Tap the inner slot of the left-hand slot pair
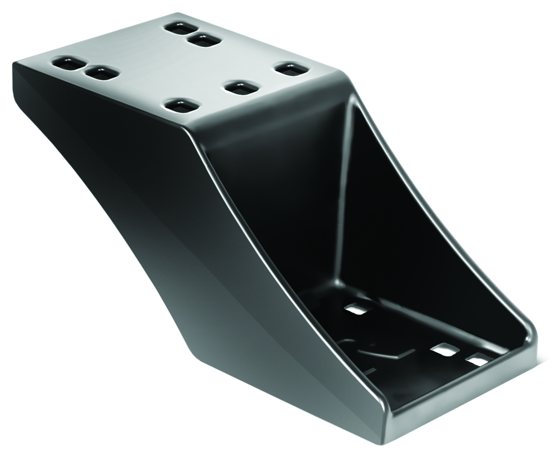click(x=102, y=73)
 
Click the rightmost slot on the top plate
click(x=291, y=70)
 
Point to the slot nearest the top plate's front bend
click(x=181, y=105)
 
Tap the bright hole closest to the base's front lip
click(x=477, y=360)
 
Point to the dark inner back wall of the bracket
click(x=278, y=211)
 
